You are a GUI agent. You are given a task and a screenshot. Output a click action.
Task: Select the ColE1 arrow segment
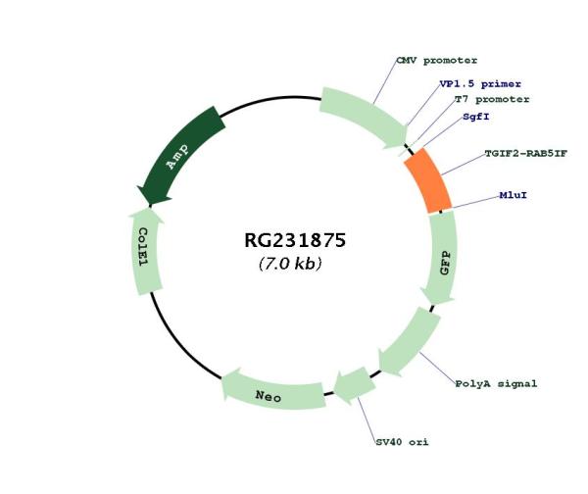(x=144, y=249)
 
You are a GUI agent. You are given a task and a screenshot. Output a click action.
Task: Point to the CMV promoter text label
(x=436, y=61)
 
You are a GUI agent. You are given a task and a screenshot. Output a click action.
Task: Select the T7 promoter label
(x=491, y=99)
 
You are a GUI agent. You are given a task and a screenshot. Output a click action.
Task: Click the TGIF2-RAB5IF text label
(x=525, y=153)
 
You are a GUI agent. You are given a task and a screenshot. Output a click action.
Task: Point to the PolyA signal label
(x=496, y=383)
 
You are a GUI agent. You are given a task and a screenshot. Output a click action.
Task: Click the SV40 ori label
(x=402, y=442)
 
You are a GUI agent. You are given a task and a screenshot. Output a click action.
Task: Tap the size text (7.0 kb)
(x=290, y=265)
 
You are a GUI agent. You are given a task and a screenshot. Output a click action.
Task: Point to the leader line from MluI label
(x=474, y=202)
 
